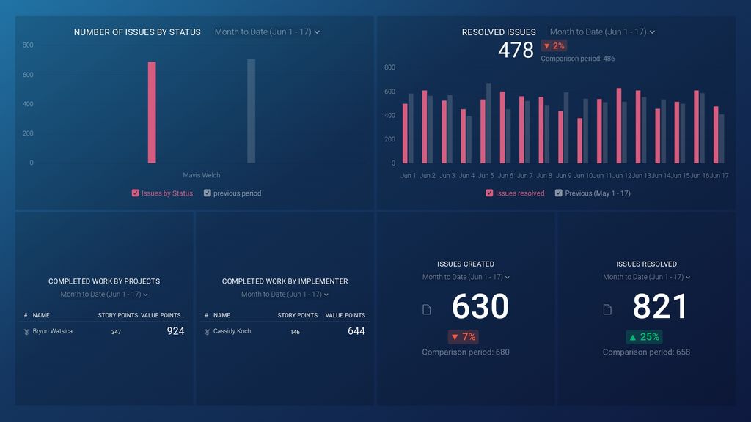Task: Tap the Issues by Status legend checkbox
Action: pyautogui.click(x=136, y=193)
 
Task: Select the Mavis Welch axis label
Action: pyautogui.click(x=201, y=175)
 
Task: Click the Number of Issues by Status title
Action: pyautogui.click(x=137, y=32)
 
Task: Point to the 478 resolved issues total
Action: pyautogui.click(x=516, y=50)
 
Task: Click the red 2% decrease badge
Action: pyautogui.click(x=554, y=46)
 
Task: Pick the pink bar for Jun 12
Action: pyautogui.click(x=618, y=126)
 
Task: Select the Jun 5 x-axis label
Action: pyautogui.click(x=486, y=176)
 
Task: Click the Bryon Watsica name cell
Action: pyautogui.click(x=52, y=331)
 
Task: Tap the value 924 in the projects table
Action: pyautogui.click(x=175, y=331)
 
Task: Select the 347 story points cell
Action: pyautogui.click(x=116, y=332)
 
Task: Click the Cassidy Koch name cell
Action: pyautogui.click(x=232, y=331)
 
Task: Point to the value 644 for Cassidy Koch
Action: pyautogui.click(x=356, y=331)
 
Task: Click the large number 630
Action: pyautogui.click(x=480, y=306)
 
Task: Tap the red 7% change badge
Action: pyautogui.click(x=463, y=337)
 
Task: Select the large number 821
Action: pyautogui.click(x=660, y=306)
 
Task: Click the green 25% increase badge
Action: pyautogui.click(x=643, y=337)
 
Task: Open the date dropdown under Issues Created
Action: pyautogui.click(x=466, y=277)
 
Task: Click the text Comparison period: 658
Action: pyautogui.click(x=646, y=352)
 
